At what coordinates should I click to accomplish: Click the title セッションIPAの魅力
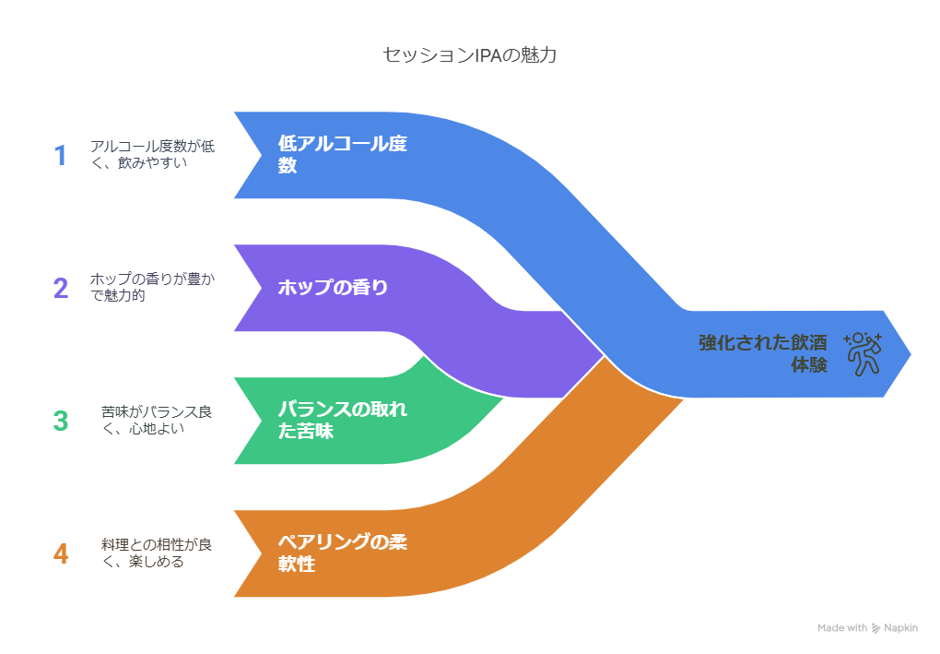click(x=469, y=54)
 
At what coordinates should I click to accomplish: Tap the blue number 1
click(x=61, y=155)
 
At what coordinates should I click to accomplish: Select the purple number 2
click(x=61, y=288)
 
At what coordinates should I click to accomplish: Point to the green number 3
click(x=61, y=421)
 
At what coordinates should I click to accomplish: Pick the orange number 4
click(x=61, y=553)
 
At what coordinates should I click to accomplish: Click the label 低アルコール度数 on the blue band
click(x=342, y=155)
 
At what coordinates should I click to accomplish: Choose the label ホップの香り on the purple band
click(x=333, y=288)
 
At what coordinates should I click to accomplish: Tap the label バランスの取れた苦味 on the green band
click(x=342, y=421)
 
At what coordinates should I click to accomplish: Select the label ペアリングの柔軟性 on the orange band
click(x=342, y=553)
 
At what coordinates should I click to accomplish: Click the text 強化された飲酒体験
click(x=762, y=353)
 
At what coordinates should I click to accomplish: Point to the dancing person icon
click(x=863, y=353)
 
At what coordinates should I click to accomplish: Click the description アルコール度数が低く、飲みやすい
click(x=152, y=155)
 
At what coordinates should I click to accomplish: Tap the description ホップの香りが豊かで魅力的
click(x=152, y=288)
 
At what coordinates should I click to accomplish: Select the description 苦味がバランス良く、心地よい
click(x=157, y=421)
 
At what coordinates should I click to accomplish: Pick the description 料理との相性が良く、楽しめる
click(x=157, y=553)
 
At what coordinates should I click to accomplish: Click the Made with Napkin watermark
click(x=867, y=628)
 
